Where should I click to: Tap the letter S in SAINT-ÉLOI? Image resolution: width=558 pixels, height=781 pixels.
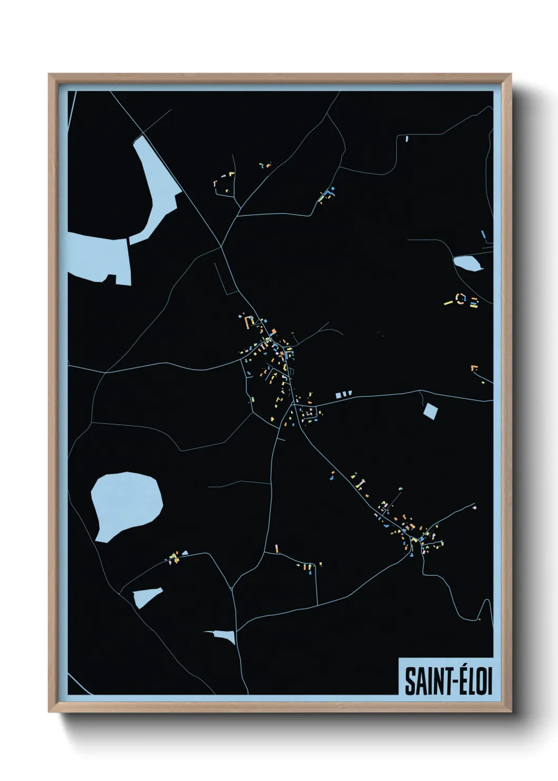409,682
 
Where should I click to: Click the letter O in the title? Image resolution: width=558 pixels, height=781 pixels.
480,682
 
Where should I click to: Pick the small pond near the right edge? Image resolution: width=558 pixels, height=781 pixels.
467,263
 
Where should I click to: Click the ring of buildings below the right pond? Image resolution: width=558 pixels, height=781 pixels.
463,299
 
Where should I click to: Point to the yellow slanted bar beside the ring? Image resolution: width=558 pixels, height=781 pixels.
449,303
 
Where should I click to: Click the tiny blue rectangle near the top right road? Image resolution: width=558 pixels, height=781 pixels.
407,139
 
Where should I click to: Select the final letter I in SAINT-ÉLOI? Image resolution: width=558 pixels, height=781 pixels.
489,682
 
